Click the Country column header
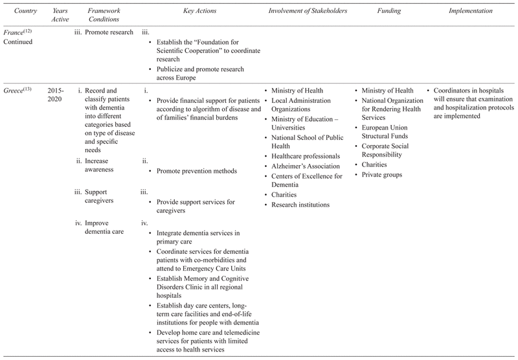pos(19,12)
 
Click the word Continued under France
pos(20,42)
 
